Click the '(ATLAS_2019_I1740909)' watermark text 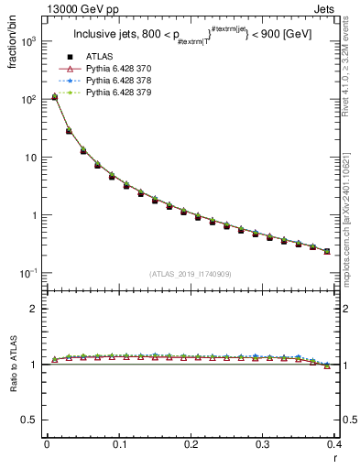[x=190, y=273]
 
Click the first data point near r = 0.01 [x=54, y=96]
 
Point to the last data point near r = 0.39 [x=327, y=251]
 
